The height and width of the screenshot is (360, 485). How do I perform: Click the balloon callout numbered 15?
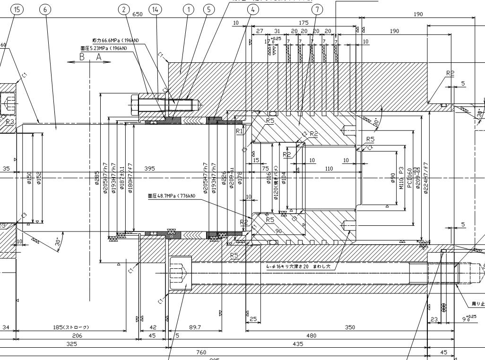coord(18,9)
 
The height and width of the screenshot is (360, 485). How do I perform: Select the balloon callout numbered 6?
coord(46,9)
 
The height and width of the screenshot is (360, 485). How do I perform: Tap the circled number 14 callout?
coord(155,9)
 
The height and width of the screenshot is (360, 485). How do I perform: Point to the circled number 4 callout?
coord(253,9)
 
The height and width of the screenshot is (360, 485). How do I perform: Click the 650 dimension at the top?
coord(137,14)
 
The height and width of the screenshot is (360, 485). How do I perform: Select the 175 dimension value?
coord(304,23)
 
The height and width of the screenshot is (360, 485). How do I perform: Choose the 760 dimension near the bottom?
coord(201,352)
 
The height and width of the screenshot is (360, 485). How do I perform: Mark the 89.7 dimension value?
coord(194,327)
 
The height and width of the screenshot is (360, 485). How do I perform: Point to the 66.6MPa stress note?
coord(110,41)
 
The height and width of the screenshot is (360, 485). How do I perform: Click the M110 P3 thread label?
coord(401,177)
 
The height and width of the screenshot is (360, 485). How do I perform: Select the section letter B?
coord(82,57)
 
